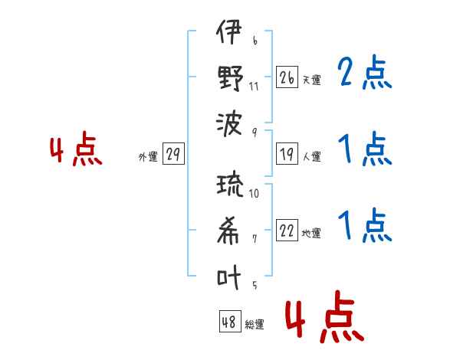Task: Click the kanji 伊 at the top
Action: coord(228,31)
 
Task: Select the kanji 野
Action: coord(230,78)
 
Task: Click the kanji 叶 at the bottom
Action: coord(228,277)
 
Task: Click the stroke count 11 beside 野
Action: coord(254,87)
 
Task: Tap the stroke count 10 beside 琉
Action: coord(254,193)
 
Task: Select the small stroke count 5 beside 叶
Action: coord(255,285)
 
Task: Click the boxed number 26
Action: coord(287,77)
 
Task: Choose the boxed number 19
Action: coord(287,154)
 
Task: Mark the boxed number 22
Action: coord(287,230)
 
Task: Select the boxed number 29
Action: coord(173,154)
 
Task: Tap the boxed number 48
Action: coord(230,321)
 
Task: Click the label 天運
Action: coord(312,80)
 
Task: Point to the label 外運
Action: coord(148,157)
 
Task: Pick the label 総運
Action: coord(255,324)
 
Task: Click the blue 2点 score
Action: coord(364,72)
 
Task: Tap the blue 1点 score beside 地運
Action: coord(365,225)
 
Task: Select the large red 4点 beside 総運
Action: coord(325,316)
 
